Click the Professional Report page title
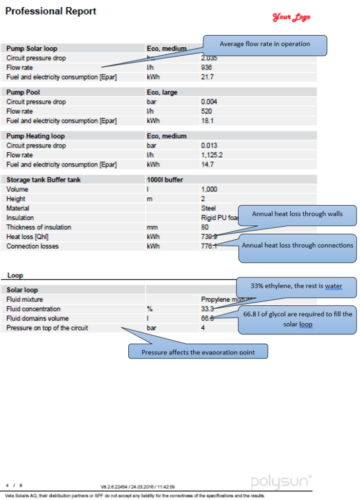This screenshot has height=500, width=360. [x=51, y=11]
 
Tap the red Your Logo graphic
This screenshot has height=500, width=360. [x=291, y=18]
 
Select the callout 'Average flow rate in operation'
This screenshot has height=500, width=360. [x=264, y=44]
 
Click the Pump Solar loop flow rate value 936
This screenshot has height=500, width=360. [x=206, y=67]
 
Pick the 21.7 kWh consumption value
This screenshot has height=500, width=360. [x=207, y=77]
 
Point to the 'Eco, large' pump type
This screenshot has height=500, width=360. [x=162, y=92]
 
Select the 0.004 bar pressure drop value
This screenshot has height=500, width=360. [x=209, y=102]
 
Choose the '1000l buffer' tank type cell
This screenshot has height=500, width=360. [x=165, y=180]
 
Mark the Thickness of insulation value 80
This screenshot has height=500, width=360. [x=205, y=227]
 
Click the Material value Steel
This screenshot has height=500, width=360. [x=209, y=208]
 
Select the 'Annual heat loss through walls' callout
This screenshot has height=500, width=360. [x=297, y=214]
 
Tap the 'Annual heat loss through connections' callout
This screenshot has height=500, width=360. [x=298, y=246]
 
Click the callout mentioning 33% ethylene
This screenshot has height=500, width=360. [x=296, y=286]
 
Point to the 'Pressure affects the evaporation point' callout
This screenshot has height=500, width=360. [x=198, y=352]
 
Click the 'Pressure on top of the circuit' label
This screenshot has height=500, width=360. [x=47, y=328]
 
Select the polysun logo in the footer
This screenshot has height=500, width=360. [x=281, y=482]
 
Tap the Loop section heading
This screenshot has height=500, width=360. [x=15, y=275]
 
